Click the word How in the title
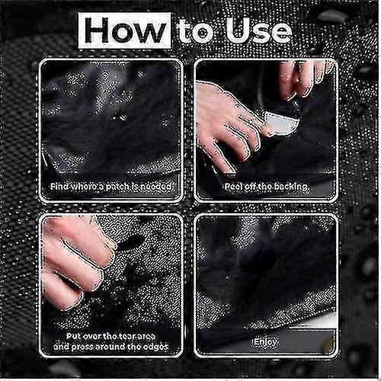[x=126, y=31]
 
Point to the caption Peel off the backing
[x=266, y=186]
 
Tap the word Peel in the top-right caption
[x=234, y=186]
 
